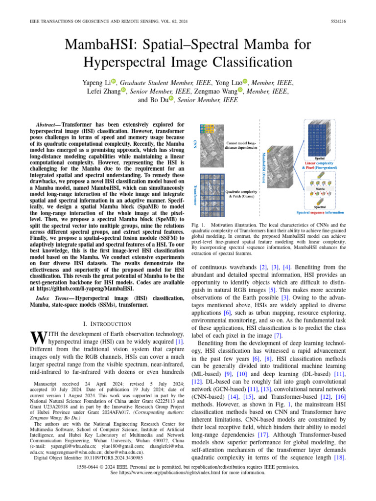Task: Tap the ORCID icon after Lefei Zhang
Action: pos(123,91)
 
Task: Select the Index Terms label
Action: pos(53,298)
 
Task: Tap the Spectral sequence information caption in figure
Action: pos(320,212)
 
